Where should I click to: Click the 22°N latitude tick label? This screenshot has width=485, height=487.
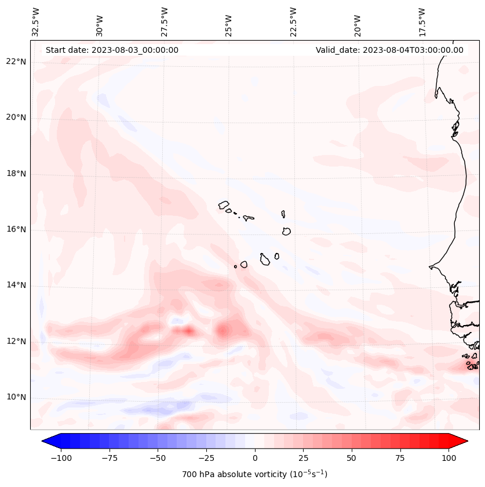pos(16,62)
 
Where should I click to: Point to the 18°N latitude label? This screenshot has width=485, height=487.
pos(16,174)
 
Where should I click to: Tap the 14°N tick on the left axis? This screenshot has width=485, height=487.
pos(16,286)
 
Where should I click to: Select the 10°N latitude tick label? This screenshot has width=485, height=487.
pos(16,398)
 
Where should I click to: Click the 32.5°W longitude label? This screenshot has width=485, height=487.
pos(36,21)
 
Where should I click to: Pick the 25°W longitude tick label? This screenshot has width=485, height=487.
pos(229,23)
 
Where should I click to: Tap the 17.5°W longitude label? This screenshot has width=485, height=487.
pos(422,21)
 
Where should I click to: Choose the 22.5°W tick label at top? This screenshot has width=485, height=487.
pos(293,21)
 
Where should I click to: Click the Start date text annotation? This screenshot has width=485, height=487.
pos(112,50)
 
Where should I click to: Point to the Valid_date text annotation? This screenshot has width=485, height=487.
pos(389,50)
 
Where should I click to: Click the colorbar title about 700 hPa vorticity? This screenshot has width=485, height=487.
pos(254,474)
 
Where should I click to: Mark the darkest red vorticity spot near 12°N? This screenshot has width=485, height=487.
pos(188,331)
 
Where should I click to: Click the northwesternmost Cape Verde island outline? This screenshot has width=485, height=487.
pos(224,205)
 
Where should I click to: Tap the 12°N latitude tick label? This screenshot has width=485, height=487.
pos(16,342)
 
